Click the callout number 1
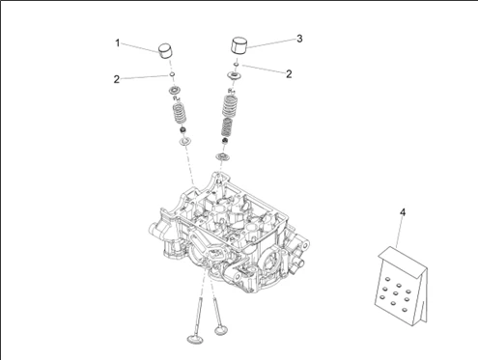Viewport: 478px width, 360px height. [x=118, y=42]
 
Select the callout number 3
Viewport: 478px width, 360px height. [x=299, y=39]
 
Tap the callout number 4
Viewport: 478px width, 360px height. [x=403, y=212]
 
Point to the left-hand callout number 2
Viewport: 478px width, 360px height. [x=117, y=79]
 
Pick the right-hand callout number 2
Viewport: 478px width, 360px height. [x=289, y=74]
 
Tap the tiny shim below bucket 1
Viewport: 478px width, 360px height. [x=172, y=74]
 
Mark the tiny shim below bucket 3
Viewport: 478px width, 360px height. [x=237, y=65]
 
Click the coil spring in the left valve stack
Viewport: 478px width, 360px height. [x=180, y=113]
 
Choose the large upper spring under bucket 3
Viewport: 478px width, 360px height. [x=231, y=105]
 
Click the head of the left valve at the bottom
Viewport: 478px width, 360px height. [x=196, y=339]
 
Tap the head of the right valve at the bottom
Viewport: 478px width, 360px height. [x=221, y=329]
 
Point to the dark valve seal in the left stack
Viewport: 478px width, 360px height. [x=183, y=130]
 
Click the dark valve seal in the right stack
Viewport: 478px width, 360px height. [x=225, y=141]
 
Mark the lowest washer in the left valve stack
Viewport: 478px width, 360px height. [x=185, y=141]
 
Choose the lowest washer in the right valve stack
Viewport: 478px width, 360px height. [x=222, y=157]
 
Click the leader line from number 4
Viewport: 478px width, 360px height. [x=399, y=233]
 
